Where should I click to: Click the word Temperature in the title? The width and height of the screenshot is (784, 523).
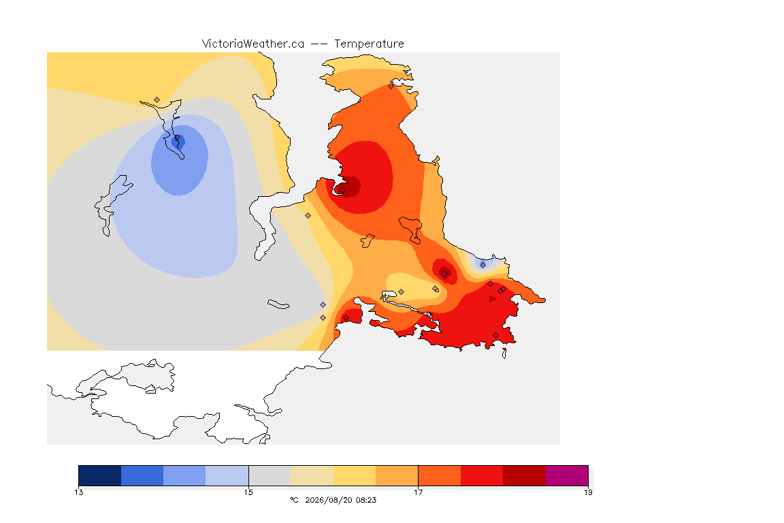(x=369, y=44)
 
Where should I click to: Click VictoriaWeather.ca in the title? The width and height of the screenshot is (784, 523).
(x=253, y=44)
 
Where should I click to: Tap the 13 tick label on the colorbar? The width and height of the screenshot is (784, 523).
(x=79, y=493)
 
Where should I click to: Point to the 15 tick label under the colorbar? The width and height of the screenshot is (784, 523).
(x=248, y=493)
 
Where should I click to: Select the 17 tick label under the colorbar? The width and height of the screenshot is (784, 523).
(x=418, y=493)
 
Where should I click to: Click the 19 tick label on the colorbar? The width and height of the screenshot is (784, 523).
(x=588, y=493)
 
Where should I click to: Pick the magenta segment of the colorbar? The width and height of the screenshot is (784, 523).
(x=567, y=475)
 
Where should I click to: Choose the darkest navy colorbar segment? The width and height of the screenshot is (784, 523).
(x=100, y=475)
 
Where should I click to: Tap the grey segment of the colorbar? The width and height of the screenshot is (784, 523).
(x=269, y=475)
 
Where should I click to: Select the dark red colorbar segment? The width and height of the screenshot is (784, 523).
(x=525, y=475)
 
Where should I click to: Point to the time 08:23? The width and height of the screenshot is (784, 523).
(x=367, y=500)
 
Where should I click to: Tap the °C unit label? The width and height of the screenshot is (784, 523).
(x=295, y=500)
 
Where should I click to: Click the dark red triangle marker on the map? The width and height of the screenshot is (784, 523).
(x=493, y=299)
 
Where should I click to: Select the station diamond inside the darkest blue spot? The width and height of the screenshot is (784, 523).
(x=177, y=138)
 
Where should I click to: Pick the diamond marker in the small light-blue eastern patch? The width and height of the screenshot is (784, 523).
(x=483, y=266)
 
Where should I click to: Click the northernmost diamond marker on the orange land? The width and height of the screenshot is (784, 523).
(x=391, y=86)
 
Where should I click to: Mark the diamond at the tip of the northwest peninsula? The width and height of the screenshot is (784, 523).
(x=157, y=100)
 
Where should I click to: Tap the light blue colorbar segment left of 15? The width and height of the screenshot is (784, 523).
(x=227, y=475)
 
